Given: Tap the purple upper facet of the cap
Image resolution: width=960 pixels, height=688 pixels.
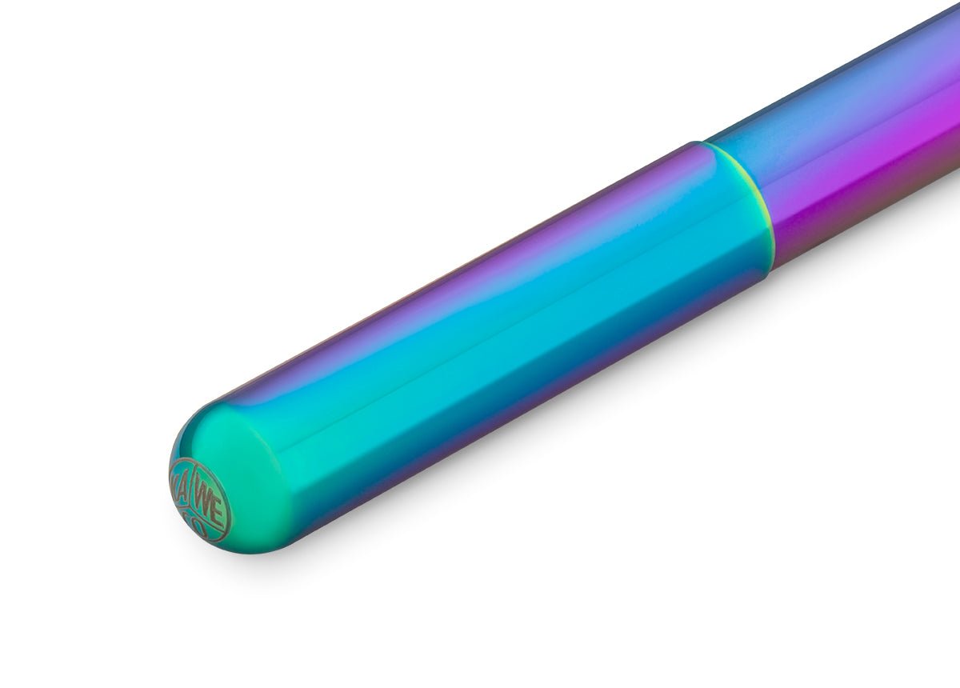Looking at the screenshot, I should coord(480,240).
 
